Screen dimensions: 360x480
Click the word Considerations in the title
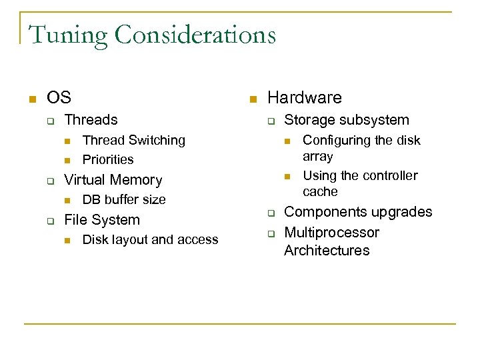point(195,35)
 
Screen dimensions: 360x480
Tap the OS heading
point(59,98)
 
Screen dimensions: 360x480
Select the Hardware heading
point(304,98)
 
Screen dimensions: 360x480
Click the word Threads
point(91,120)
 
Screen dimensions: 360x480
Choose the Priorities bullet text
point(108,159)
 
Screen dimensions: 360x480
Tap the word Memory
point(137,180)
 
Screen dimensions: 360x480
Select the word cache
point(320,192)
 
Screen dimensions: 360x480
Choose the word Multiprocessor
point(331,233)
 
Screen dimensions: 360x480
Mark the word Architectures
point(327,251)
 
